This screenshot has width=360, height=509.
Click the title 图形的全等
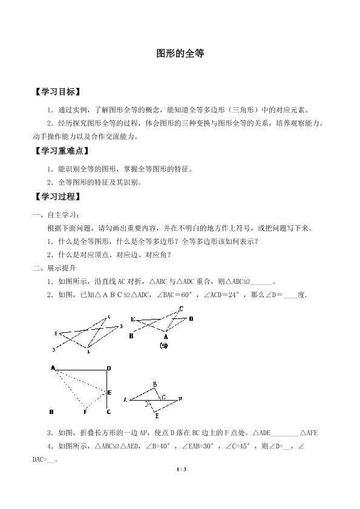(180, 53)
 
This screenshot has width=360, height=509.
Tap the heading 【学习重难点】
(62, 151)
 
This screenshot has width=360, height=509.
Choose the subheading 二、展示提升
(55, 268)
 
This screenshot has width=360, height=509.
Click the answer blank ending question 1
(261, 281)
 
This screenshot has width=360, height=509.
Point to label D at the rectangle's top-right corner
(108, 368)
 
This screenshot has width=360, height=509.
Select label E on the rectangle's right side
(109, 393)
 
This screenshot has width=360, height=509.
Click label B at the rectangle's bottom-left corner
(52, 412)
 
